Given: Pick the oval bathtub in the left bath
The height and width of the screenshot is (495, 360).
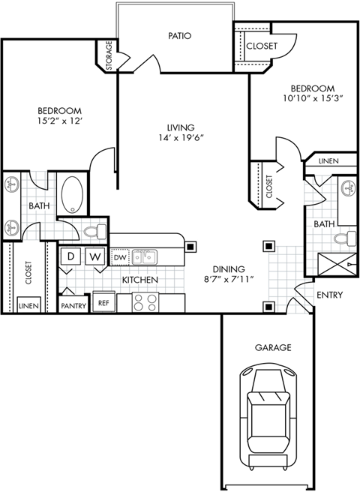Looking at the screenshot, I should pos(73,193).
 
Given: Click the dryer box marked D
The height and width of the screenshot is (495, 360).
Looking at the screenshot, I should pos(71,256).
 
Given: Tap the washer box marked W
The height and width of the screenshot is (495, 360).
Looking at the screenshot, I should pos(95,256).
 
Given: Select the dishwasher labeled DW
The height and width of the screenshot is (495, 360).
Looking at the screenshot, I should pos(120,258).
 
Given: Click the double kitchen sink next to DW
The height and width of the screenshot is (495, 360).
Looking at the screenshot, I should pos(145,258).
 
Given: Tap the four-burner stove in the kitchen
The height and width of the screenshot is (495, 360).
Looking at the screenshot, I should pos(144,302).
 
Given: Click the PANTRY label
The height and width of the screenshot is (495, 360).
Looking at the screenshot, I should pos(73,305).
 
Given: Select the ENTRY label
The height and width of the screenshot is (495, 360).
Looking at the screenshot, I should pos(329,295).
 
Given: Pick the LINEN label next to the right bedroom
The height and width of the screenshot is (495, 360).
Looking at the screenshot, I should pos(328,161).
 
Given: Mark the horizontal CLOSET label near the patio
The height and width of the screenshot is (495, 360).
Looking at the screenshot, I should pos(261,46).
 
